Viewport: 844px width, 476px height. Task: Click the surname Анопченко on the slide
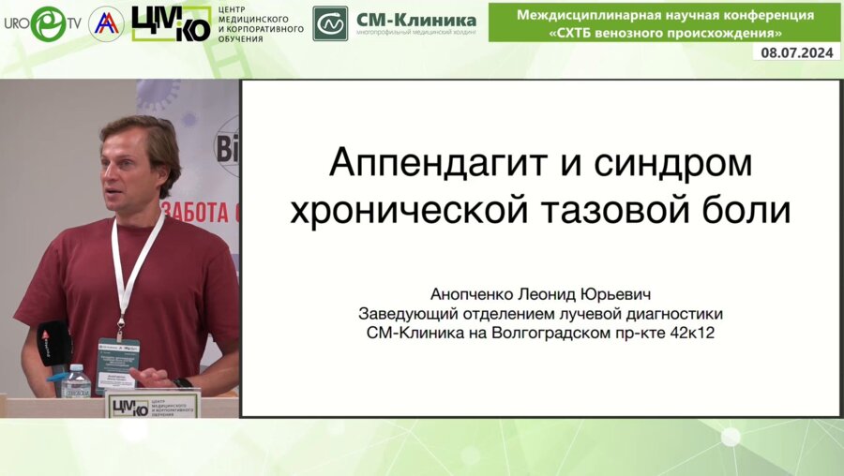pyautogui.click(x=475, y=293)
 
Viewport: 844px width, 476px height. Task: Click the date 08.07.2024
pyautogui.click(x=796, y=53)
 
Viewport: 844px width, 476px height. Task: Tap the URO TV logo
pyautogui.click(x=42, y=23)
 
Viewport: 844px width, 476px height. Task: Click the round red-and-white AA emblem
pyautogui.click(x=106, y=23)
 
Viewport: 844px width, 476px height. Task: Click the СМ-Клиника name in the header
pyautogui.click(x=416, y=20)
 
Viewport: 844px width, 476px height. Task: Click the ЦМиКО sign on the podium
pyautogui.click(x=151, y=406)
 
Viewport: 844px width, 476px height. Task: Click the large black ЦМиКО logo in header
pyautogui.click(x=171, y=23)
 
